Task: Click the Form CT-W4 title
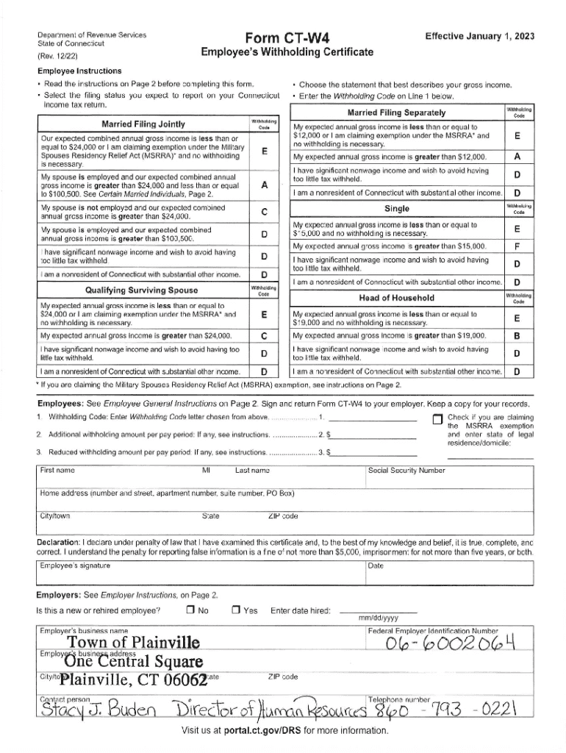point(287,38)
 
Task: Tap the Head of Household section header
point(396,297)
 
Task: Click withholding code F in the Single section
point(517,246)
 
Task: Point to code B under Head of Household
point(517,336)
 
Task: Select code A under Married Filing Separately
point(517,157)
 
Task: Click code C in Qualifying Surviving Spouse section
point(263,336)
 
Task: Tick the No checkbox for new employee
point(190,610)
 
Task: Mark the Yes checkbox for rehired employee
point(235,610)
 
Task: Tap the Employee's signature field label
point(76,565)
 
